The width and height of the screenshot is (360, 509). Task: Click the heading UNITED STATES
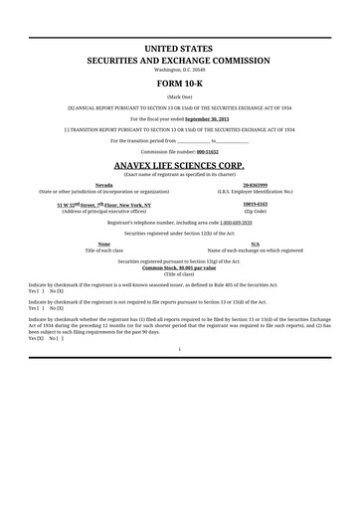(x=180, y=48)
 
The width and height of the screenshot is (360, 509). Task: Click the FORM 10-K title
(x=180, y=83)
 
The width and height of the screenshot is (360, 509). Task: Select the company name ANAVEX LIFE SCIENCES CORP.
(x=180, y=164)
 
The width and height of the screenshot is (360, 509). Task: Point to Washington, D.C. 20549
(x=180, y=70)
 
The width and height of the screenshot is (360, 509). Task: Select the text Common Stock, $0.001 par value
(x=179, y=268)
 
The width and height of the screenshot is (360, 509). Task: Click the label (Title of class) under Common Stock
(x=180, y=274)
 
